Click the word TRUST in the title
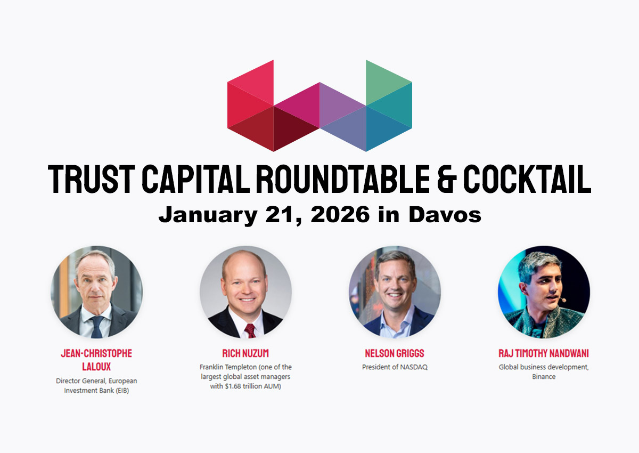(91, 179)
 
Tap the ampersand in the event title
(447, 179)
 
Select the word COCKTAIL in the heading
(527, 179)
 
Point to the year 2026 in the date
(340, 215)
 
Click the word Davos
(445, 215)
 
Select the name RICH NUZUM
(245, 353)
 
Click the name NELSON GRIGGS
(395, 353)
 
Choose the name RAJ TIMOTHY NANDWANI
(544, 353)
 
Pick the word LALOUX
(96, 367)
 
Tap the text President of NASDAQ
(395, 367)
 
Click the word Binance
(544, 377)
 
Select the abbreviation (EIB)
(122, 391)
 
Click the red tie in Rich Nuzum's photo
(250, 331)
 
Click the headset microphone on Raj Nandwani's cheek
(562, 300)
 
